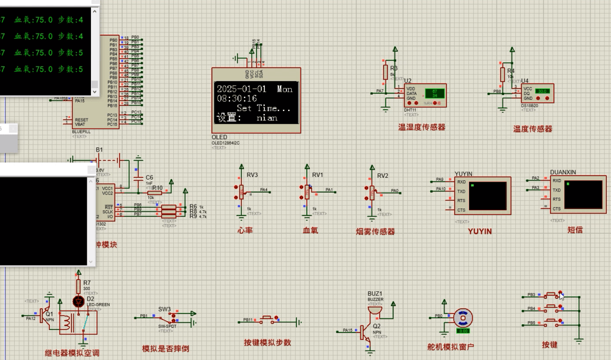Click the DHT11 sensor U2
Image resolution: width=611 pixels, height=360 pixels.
(x=425, y=95)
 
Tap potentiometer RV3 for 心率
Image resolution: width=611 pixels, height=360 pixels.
(x=241, y=190)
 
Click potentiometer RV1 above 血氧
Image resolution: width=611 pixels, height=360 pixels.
(x=306, y=190)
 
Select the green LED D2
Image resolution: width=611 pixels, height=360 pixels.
(x=78, y=301)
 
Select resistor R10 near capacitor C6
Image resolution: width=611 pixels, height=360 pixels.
(x=155, y=192)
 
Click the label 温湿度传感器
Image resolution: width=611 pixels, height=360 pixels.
(x=421, y=127)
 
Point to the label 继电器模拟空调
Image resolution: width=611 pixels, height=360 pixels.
(x=72, y=353)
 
